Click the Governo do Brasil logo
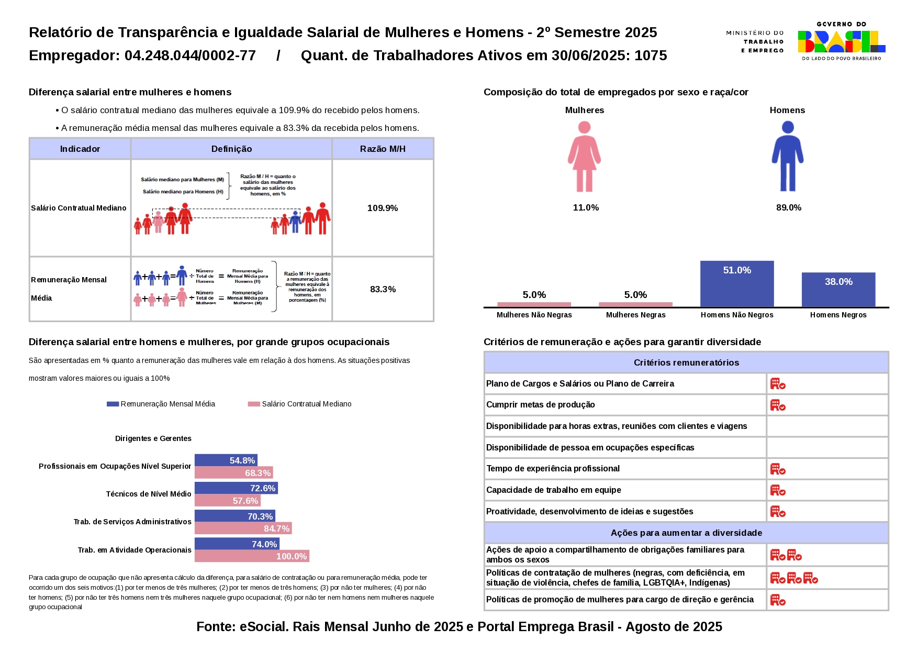point(841,41)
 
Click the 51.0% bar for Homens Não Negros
point(736,283)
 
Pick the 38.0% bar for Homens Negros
point(838,289)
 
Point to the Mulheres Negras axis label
point(635,315)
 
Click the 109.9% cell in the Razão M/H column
point(383,208)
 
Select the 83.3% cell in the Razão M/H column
point(383,289)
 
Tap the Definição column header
point(231,149)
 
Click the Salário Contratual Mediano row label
point(79,208)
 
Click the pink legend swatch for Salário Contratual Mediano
point(254,404)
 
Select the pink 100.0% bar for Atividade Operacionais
point(252,556)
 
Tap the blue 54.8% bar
point(226,460)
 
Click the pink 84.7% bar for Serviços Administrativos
point(243,528)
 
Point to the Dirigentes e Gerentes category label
point(153,438)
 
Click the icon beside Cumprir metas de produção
point(778,405)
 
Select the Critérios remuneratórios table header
point(686,362)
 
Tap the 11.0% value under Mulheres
point(586,207)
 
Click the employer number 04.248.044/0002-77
point(190,56)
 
